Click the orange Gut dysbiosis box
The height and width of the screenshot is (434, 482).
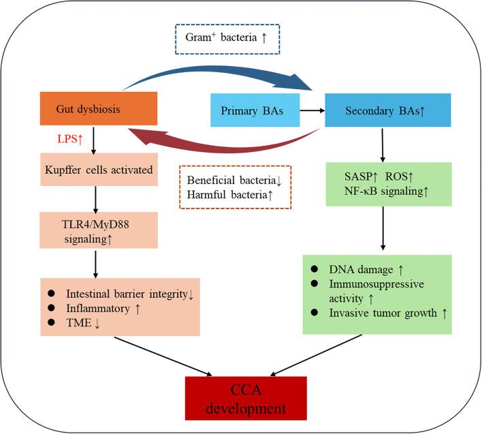(x=99, y=108)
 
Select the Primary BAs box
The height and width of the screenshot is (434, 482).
(x=255, y=110)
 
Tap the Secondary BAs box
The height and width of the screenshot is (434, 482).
(x=388, y=110)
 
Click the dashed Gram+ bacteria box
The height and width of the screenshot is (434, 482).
(x=227, y=40)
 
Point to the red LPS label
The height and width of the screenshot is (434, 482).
(x=70, y=139)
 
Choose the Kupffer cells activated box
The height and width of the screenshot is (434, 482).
(x=99, y=170)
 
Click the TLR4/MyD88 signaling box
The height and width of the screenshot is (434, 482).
(x=99, y=230)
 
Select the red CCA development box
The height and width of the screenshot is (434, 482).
(x=246, y=399)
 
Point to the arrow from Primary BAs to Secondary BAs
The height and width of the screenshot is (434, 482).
(x=312, y=110)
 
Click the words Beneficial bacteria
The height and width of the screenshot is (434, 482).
(x=231, y=180)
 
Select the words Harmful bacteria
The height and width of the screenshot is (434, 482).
(x=227, y=195)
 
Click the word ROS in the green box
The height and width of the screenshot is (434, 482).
(x=396, y=176)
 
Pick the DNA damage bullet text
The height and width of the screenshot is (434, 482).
(x=361, y=270)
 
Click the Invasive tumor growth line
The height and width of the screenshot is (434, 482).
(x=383, y=313)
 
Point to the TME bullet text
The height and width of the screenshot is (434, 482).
(x=79, y=323)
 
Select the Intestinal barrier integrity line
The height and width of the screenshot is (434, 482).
(x=127, y=294)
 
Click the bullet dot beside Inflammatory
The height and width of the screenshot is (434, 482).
(x=51, y=307)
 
